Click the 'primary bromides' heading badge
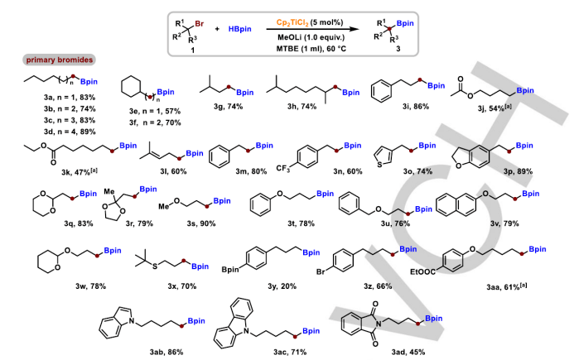click(58, 60)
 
